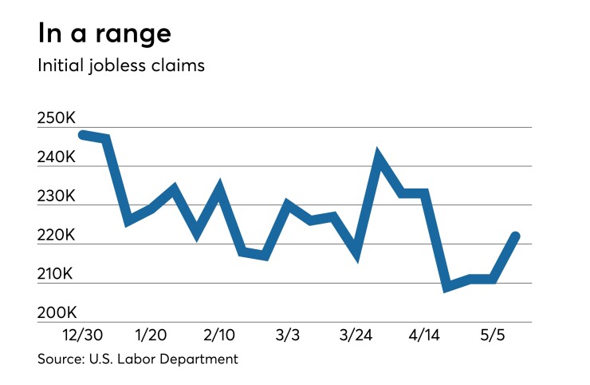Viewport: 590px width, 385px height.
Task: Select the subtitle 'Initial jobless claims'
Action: pos(121,65)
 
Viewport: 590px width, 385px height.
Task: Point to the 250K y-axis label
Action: pos(56,118)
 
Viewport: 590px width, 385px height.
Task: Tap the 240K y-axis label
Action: pos(56,157)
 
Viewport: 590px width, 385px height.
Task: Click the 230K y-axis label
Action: pos(56,196)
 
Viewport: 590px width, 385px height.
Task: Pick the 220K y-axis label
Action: pos(56,236)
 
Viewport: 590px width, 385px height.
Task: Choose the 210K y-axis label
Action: pos(56,275)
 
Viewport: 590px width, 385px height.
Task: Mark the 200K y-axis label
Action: pos(56,313)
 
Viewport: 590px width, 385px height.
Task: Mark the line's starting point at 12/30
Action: pos(83,134)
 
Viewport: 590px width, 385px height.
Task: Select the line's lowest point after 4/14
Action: pos(447,286)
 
